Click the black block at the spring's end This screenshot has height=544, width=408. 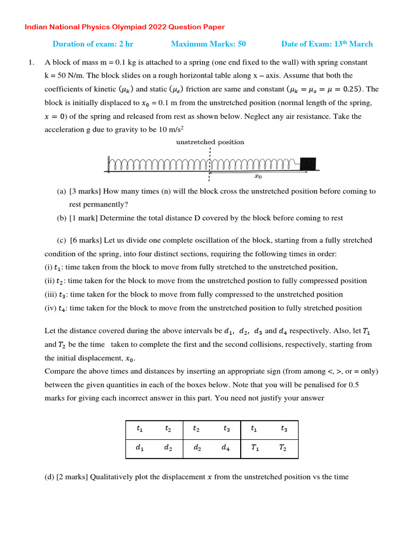click(308, 164)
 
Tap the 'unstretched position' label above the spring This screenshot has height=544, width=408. click(210, 142)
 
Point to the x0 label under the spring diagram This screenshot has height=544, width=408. click(258, 177)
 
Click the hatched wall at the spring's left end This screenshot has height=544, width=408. click(108, 164)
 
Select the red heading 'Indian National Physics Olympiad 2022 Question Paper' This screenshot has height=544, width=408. click(125, 27)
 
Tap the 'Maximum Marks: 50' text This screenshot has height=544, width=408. click(208, 44)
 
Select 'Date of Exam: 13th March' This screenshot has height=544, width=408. click(327, 44)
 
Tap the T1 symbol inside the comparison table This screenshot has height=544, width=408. click(255, 448)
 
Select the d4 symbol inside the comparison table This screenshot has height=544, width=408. click(226, 448)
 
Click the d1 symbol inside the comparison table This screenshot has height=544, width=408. click(139, 448)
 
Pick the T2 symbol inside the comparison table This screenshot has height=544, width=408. click(283, 448)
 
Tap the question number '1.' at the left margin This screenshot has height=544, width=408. click(31, 63)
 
